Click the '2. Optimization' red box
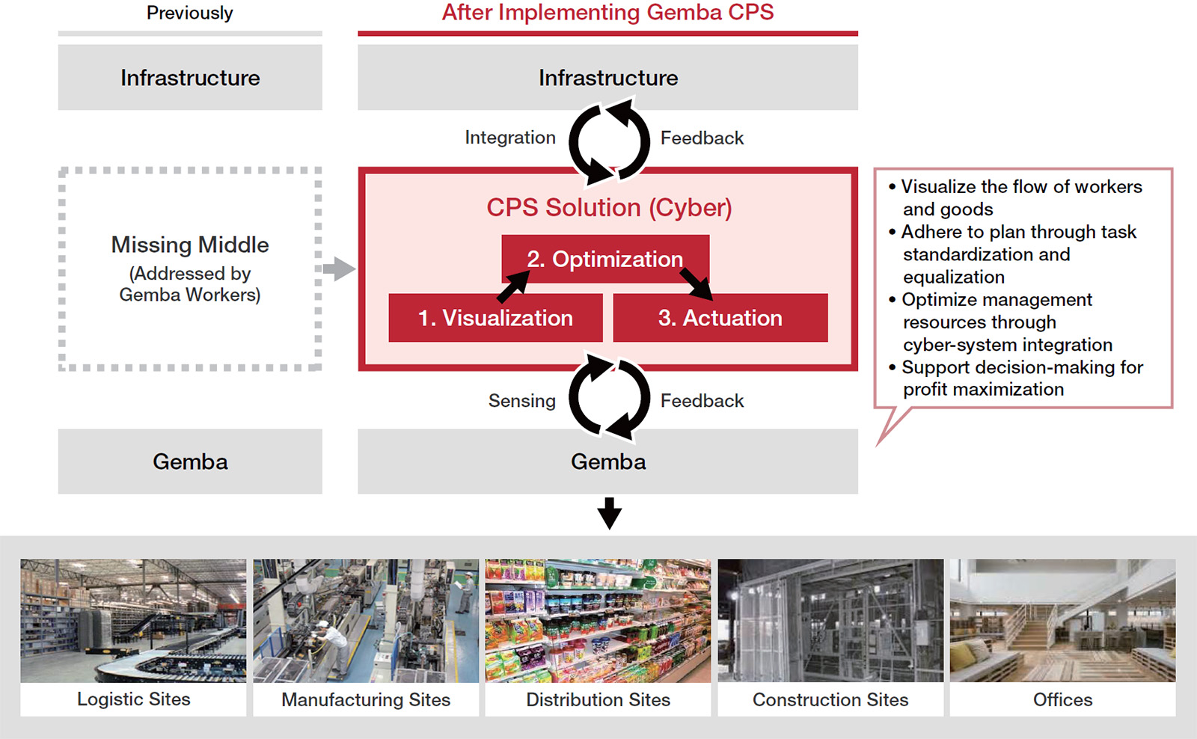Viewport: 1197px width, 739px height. (604, 259)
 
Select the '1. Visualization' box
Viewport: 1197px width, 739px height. (495, 318)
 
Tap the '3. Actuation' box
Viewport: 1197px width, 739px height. (720, 318)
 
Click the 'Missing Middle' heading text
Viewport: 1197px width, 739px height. (190, 245)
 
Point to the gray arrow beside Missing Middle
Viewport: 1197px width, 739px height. (340, 269)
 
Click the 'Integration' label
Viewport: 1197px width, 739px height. (509, 138)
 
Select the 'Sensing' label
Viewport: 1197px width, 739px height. (521, 401)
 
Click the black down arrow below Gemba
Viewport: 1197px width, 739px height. (609, 513)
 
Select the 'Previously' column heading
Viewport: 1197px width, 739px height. (189, 13)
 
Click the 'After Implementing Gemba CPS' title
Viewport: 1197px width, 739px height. (607, 13)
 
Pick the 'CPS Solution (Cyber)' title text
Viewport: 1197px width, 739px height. (609, 207)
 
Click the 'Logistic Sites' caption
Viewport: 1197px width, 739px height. (133, 699)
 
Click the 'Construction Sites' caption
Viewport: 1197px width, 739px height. (830, 700)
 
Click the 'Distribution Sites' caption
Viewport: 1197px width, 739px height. (598, 700)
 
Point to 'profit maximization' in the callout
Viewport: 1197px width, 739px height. (983, 390)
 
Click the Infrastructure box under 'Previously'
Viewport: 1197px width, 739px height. (190, 78)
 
